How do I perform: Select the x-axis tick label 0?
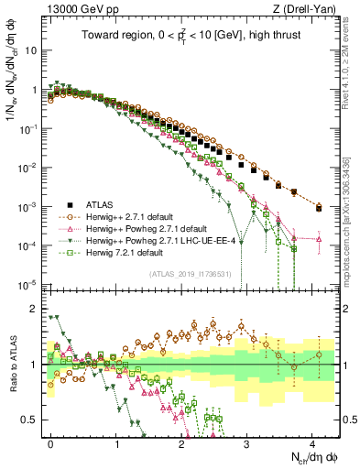pos(51,442)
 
